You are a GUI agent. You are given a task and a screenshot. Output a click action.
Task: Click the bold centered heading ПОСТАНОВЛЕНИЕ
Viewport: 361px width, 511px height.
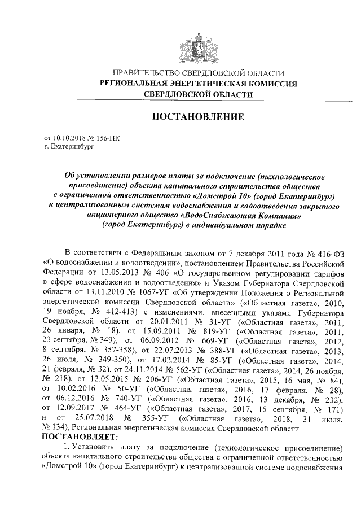(196, 117)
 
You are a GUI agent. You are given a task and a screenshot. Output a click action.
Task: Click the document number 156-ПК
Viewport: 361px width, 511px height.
(108, 137)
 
